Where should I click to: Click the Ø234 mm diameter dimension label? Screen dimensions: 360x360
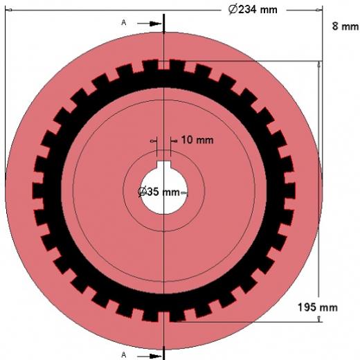pyautogui.click(x=253, y=10)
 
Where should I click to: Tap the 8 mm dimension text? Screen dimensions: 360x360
pyautogui.click(x=345, y=26)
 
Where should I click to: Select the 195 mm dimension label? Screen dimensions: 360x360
pyautogui.click(x=318, y=307)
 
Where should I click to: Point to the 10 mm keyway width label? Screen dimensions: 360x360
pyautogui.click(x=197, y=140)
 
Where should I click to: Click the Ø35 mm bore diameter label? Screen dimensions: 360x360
pyautogui.click(x=159, y=192)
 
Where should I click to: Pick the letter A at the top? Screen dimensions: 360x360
pyautogui.click(x=124, y=23)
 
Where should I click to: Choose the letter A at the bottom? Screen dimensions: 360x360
pyautogui.click(x=124, y=354)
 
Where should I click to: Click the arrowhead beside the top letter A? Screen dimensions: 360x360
pyautogui.click(x=155, y=24)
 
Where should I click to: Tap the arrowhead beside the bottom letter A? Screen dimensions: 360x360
pyautogui.click(x=155, y=356)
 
